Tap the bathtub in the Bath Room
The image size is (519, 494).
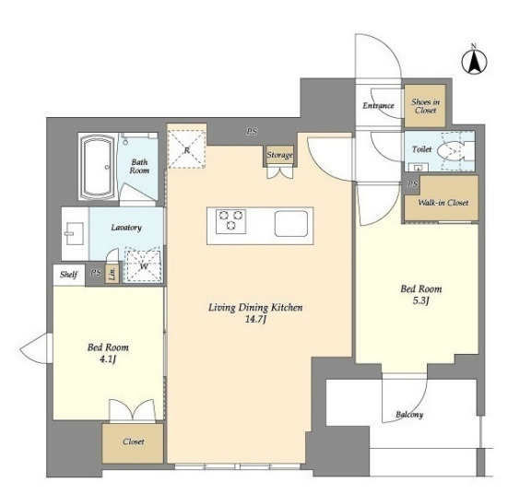coord(98,167)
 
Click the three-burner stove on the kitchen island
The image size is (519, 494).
coord(230,221)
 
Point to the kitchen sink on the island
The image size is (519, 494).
coord(291,223)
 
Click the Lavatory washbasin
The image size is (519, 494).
coord(75,233)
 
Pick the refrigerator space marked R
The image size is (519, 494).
coord(187,149)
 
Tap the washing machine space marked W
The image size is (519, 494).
coord(144,265)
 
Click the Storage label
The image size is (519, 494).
coord(280,155)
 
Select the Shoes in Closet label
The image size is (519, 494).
coord(425,106)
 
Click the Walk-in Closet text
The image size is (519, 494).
coord(442,203)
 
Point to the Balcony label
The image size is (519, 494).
coord(409,415)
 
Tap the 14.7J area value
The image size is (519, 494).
coord(255,319)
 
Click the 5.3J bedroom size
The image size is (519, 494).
coord(421,300)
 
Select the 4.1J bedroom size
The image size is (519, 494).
coord(108,359)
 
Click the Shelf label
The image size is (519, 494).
coord(69,275)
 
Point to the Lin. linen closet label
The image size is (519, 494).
coord(112,274)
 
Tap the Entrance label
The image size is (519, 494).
coord(378,106)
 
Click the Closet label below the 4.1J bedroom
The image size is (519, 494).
coord(134,441)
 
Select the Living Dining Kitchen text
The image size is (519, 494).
coord(255,308)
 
